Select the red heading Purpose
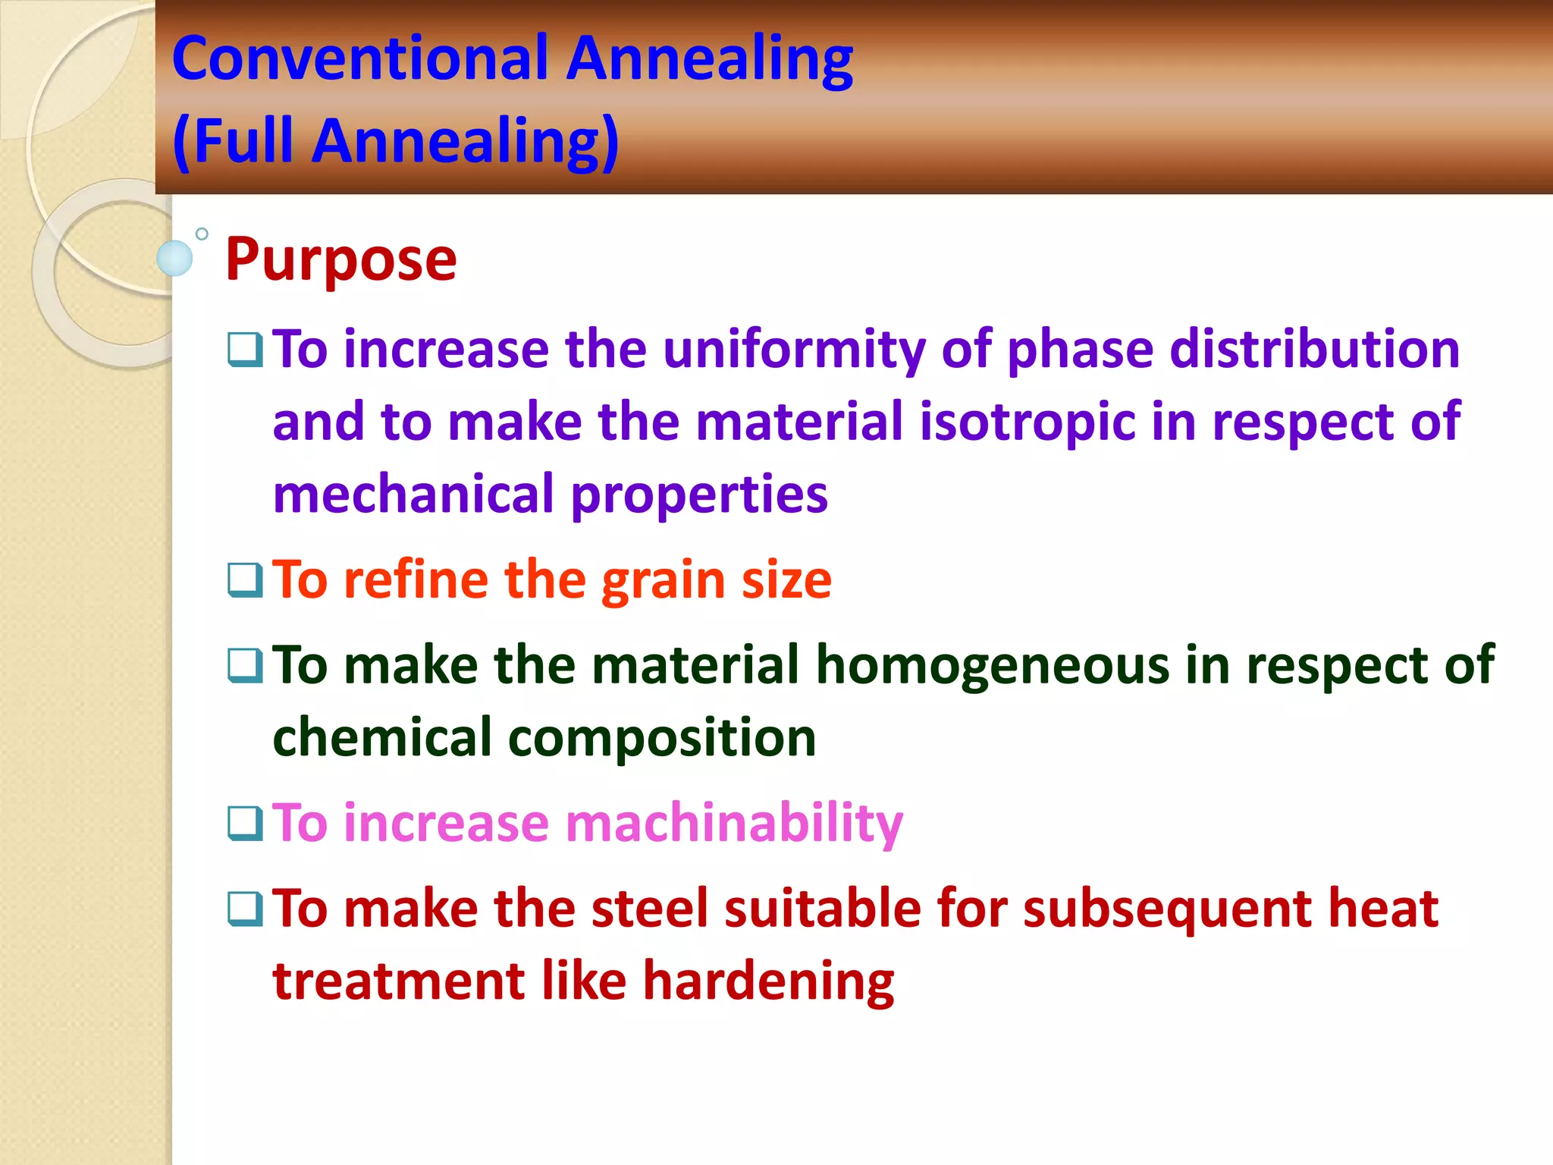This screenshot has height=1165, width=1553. point(340,260)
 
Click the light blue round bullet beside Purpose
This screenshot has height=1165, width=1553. point(174,258)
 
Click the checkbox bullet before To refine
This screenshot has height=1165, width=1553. point(245,580)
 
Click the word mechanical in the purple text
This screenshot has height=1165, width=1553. point(414,495)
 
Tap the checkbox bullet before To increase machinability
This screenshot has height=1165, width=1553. point(245,824)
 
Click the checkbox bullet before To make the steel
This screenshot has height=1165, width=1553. point(245,909)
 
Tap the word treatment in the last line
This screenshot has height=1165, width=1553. point(399,981)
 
